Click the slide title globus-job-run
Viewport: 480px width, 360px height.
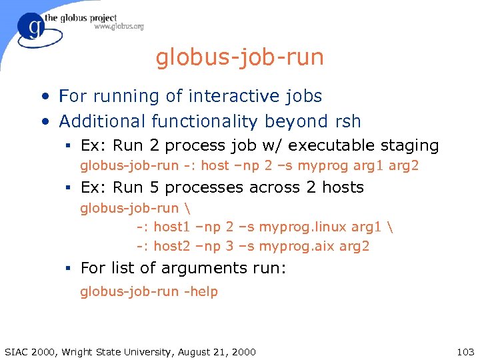[x=240, y=57]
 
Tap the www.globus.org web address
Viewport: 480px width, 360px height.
[x=119, y=27]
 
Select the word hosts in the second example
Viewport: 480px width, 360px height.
[x=343, y=187]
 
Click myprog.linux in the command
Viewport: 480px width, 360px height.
[x=299, y=227]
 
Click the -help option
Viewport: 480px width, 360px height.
[x=200, y=291]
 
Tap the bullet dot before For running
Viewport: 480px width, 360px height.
[x=45, y=97]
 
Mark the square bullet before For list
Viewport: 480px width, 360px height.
[x=68, y=269]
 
